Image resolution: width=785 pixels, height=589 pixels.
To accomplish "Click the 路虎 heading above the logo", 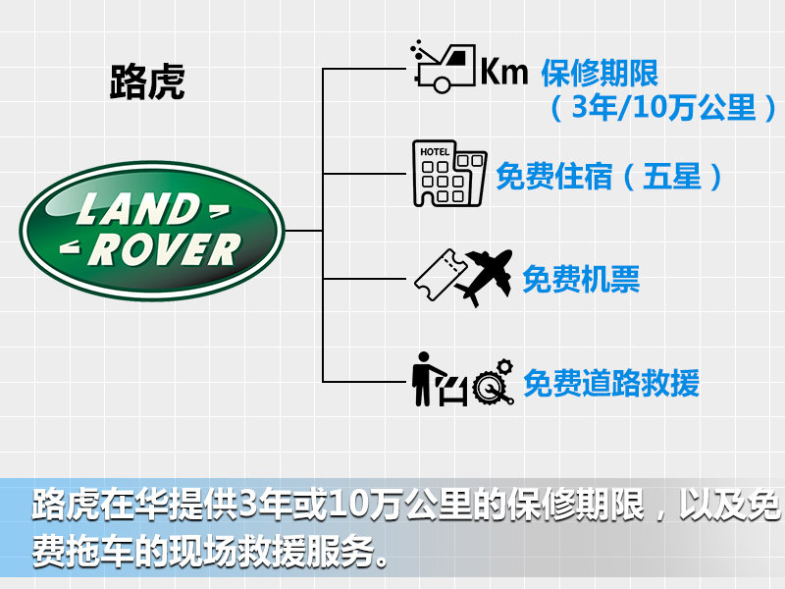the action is pos(147,81).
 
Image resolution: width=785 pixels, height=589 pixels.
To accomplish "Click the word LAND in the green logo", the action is pos(138,209).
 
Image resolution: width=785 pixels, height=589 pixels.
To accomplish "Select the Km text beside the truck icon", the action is pos(503,71).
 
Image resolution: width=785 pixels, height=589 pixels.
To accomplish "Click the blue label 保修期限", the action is pos(600,73).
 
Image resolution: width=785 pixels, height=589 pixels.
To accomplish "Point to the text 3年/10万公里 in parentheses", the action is pos(663,107).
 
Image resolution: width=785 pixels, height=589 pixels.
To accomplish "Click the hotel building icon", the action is pos(449,174).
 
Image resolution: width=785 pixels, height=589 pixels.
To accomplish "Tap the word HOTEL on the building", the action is pos(435,151).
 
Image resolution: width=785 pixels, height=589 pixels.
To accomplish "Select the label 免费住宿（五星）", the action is pos(609,177).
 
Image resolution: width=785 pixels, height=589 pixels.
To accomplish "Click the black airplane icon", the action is pos(486,277).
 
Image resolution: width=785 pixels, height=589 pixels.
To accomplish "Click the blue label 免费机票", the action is pos(581,279).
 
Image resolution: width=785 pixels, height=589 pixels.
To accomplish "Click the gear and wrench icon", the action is pos(494,382).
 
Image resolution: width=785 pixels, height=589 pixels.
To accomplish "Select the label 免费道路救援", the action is pos(610,383).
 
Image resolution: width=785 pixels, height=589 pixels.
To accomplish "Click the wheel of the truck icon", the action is pos(442,83).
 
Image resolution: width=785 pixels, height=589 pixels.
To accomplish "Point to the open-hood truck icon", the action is pos(443,67).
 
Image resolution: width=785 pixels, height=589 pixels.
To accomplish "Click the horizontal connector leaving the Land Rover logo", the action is pos(303,231).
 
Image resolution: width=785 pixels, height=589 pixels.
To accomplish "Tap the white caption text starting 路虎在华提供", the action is pos(405,504).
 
